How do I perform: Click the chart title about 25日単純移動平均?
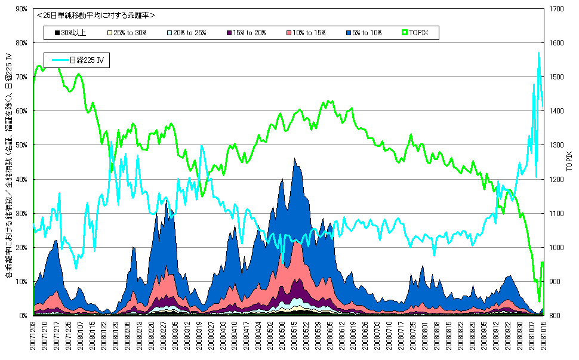pyautogui.click(x=96, y=15)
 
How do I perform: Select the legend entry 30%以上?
pyautogui.click(x=70, y=33)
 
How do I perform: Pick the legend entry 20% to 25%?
pyautogui.click(x=186, y=33)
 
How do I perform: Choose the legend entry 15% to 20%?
pyautogui.click(x=247, y=33)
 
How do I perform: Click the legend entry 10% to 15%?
pyautogui.click(x=306, y=33)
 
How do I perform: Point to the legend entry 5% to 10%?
pyautogui.click(x=364, y=33)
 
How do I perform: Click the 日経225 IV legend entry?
pyautogui.click(x=78, y=60)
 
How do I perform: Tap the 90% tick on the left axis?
pyautogui.click(x=20, y=9)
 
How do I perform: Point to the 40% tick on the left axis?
pyautogui.click(x=20, y=179)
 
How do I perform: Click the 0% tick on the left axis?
pyautogui.click(x=23, y=315)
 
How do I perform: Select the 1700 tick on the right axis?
pyautogui.click(x=556, y=9)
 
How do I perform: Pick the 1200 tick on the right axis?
pyautogui.click(x=556, y=179)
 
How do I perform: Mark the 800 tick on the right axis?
pyautogui.click(x=554, y=315)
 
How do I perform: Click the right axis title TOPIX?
pyautogui.click(x=570, y=162)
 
